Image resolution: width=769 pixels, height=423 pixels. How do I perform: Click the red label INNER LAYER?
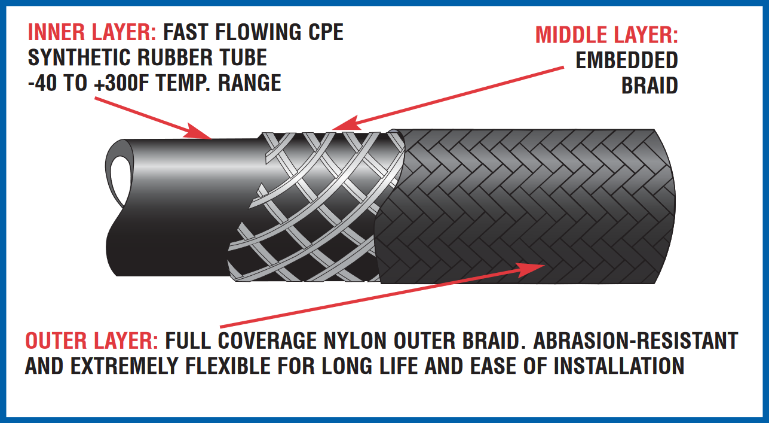[92, 32]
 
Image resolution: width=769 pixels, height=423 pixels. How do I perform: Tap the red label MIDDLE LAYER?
[606, 35]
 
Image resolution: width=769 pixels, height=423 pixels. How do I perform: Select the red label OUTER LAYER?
[91, 341]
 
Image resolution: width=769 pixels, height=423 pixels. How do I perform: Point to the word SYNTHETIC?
[79, 57]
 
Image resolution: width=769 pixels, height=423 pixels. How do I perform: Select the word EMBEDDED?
[627, 60]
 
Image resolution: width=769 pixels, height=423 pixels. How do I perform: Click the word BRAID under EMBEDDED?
[649, 86]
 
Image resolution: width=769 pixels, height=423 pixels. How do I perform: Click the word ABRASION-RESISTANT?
[635, 341]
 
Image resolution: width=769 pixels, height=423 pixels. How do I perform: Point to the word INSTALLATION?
[619, 366]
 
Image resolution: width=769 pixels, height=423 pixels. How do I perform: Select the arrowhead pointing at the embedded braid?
[347, 123]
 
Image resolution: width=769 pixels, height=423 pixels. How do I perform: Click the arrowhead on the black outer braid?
[531, 269]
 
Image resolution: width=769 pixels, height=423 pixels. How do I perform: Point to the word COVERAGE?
[268, 341]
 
